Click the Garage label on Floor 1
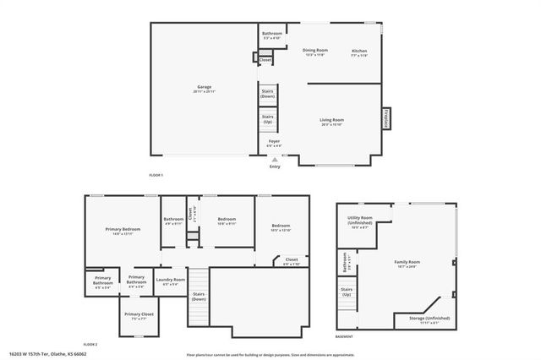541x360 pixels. pyautogui.click(x=204, y=88)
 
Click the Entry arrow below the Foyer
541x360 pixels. pyautogui.click(x=274, y=159)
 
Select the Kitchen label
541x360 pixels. pyautogui.click(x=359, y=52)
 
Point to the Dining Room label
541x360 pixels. pyautogui.click(x=315, y=52)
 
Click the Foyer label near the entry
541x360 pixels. pyautogui.click(x=274, y=143)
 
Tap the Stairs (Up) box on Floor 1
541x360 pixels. pyautogui.click(x=267, y=119)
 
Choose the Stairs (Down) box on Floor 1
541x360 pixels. pyautogui.click(x=267, y=95)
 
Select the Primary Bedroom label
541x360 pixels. pyautogui.click(x=123, y=232)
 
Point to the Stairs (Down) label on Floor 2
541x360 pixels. pyautogui.click(x=199, y=297)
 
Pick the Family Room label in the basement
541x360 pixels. pyautogui.click(x=407, y=264)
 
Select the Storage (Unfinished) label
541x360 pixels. pyautogui.click(x=424, y=319)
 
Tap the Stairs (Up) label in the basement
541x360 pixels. pyautogui.click(x=346, y=292)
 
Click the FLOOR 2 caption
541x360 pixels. pyautogui.click(x=90, y=345)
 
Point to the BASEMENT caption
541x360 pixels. pyautogui.click(x=344, y=336)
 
